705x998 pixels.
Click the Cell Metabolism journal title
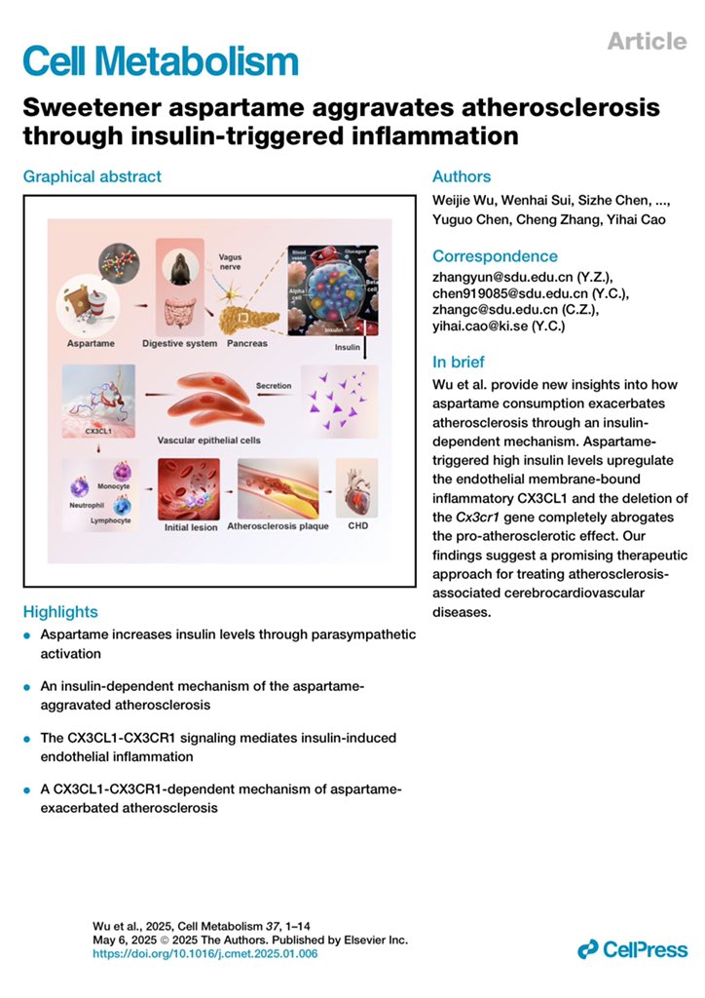pyautogui.click(x=160, y=60)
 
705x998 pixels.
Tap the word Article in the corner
pyautogui.click(x=647, y=40)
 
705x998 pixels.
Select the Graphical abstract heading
pyautogui.click(x=93, y=176)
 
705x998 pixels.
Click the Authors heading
pyautogui.click(x=462, y=176)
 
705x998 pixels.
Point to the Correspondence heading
pyautogui.click(x=495, y=256)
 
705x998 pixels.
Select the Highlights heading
pyautogui.click(x=60, y=612)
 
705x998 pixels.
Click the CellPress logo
pyautogui.click(x=632, y=948)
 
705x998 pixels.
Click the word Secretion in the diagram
pyautogui.click(x=274, y=384)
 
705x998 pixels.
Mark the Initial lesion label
pyautogui.click(x=191, y=527)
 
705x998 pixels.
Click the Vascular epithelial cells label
pyautogui.click(x=216, y=441)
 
